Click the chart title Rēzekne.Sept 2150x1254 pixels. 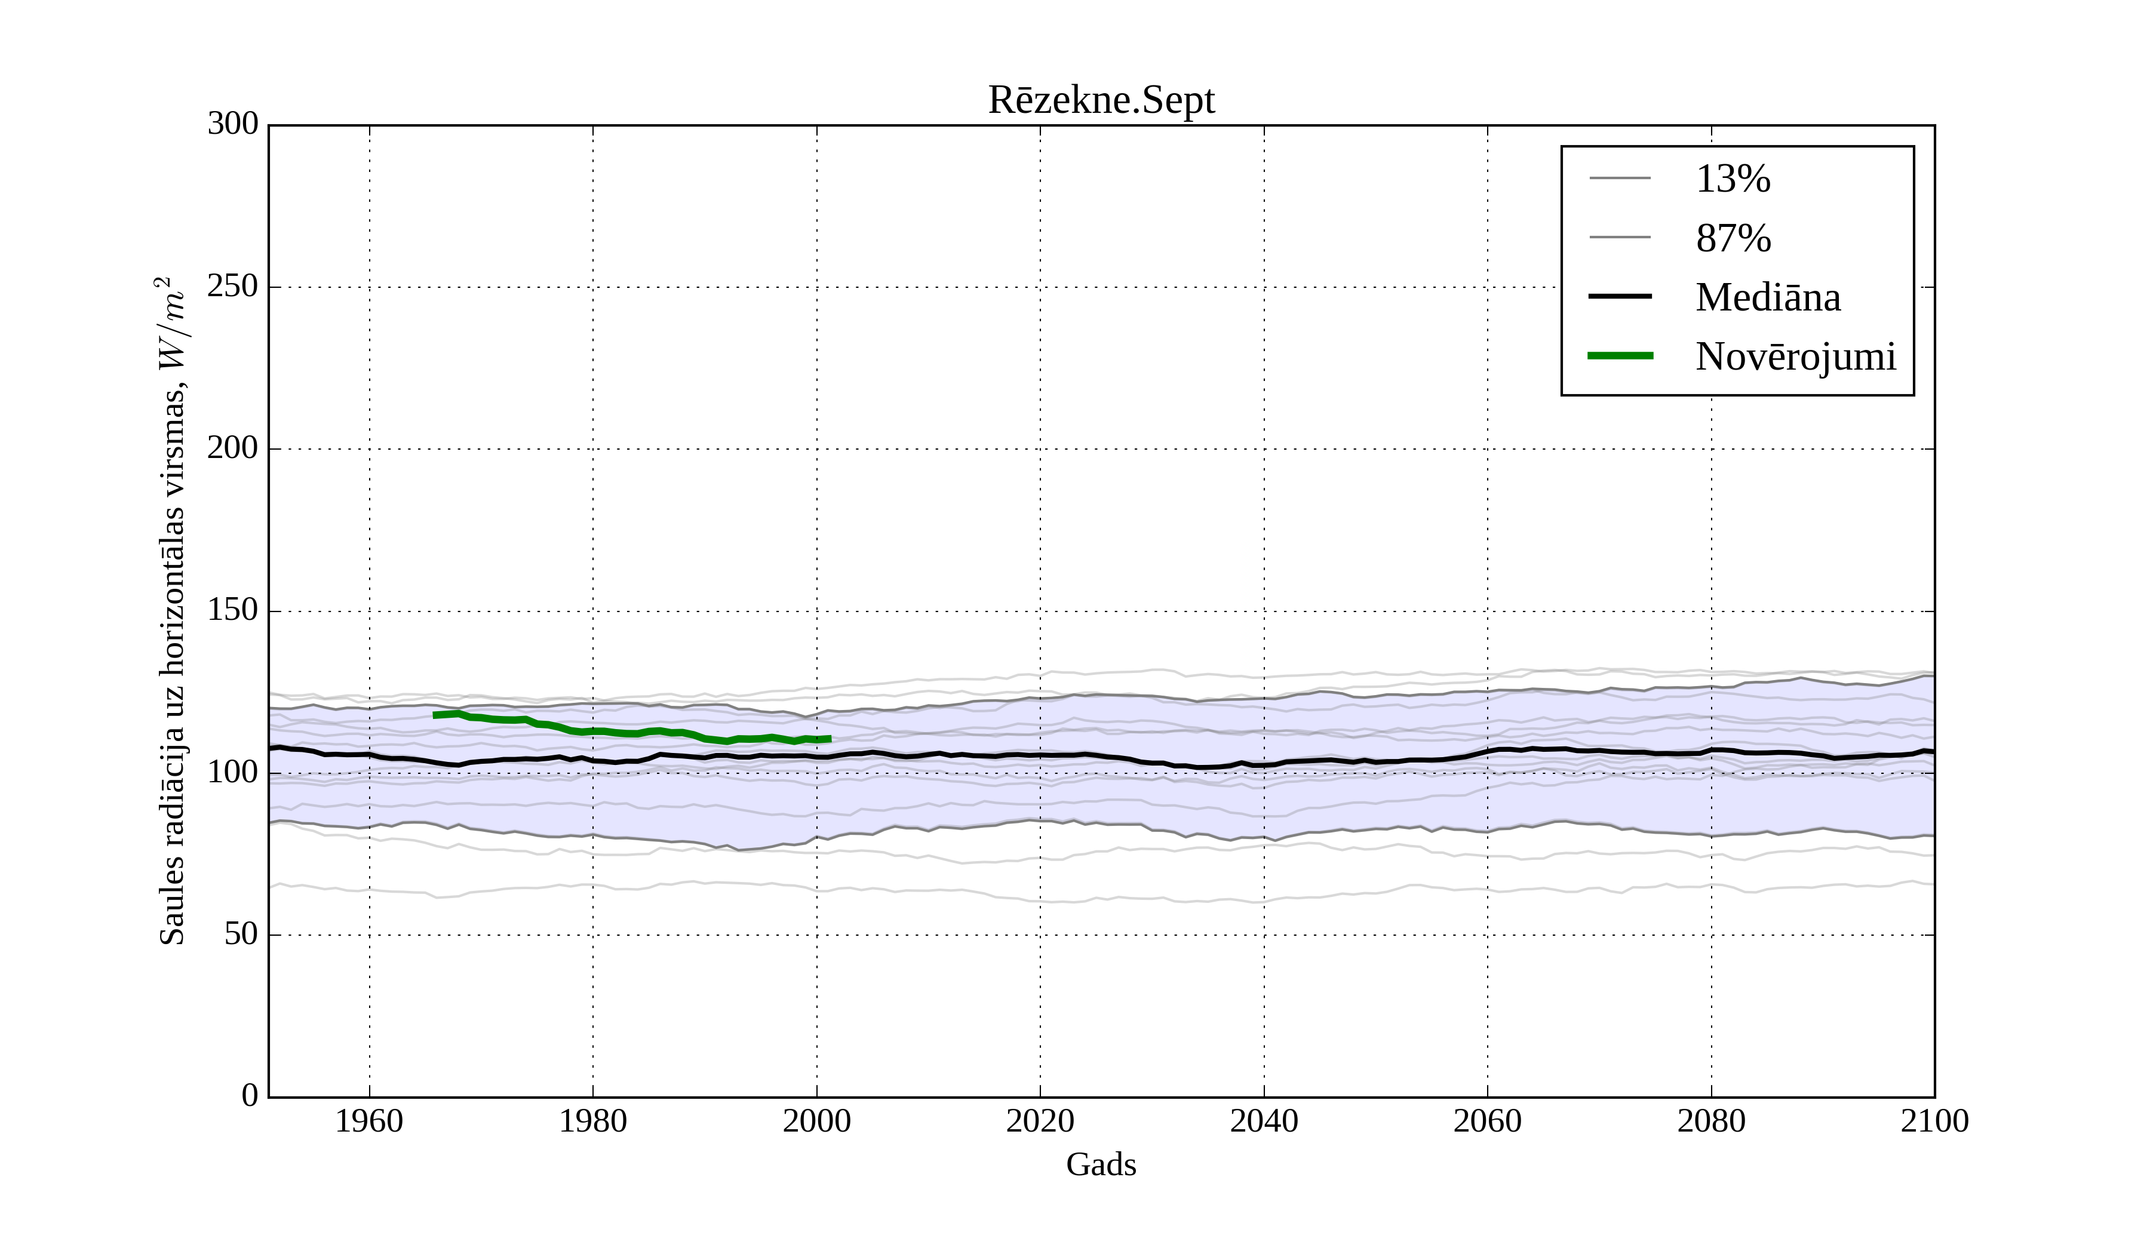point(1101,101)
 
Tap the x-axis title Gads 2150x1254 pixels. point(1101,1164)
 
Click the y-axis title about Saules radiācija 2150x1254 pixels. point(173,611)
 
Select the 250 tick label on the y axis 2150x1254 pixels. point(233,287)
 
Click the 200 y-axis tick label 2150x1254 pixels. point(233,448)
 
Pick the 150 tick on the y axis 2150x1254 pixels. point(233,611)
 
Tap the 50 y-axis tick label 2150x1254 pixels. point(241,935)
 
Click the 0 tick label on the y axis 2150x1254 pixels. point(250,1096)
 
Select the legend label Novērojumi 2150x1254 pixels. point(1795,356)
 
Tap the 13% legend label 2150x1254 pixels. point(1733,179)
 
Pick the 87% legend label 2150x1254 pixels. point(1733,238)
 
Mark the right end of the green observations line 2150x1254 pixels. point(830,739)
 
